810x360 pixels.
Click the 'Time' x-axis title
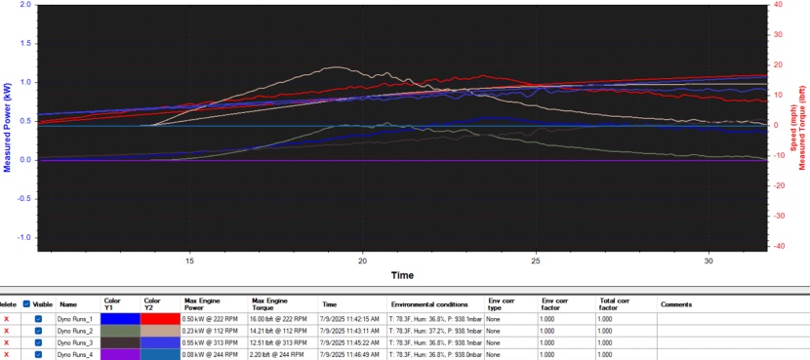coord(402,275)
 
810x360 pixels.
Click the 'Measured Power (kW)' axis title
coord(9,127)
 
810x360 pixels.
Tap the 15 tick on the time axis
coord(190,260)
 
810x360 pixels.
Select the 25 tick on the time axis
coord(536,260)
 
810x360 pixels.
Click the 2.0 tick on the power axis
coord(23,5)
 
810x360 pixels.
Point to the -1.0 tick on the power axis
coord(22,237)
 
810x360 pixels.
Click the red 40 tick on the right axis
coord(777,5)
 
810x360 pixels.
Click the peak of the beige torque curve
coord(336,67)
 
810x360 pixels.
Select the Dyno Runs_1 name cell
coord(76,318)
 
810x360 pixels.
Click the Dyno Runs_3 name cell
coord(76,342)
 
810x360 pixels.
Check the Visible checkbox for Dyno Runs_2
coord(38,331)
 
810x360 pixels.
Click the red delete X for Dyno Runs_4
coord(7,354)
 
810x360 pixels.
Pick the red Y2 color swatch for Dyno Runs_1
coord(159,318)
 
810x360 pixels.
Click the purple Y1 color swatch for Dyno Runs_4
coord(120,354)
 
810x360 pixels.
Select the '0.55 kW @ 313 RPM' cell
coord(210,342)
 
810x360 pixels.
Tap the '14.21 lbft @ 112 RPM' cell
coord(279,331)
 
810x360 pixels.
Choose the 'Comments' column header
coord(676,304)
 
